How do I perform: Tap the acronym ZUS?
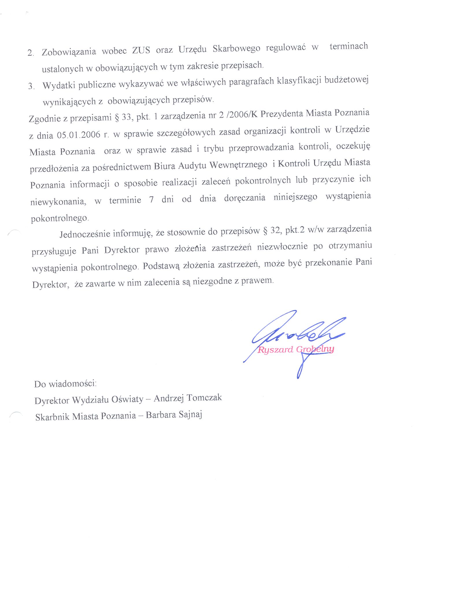click(141, 50)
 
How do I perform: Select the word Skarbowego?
click(236, 48)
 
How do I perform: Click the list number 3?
click(31, 86)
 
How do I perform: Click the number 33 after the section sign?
click(126, 117)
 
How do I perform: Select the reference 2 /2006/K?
click(238, 115)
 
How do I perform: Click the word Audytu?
click(192, 165)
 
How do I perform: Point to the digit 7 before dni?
click(151, 200)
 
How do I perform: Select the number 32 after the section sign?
click(275, 230)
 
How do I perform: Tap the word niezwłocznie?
click(282, 247)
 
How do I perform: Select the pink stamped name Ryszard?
click(275, 350)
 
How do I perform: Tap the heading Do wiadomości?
click(65, 384)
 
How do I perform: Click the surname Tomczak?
click(204, 398)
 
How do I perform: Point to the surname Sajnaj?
click(190, 415)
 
